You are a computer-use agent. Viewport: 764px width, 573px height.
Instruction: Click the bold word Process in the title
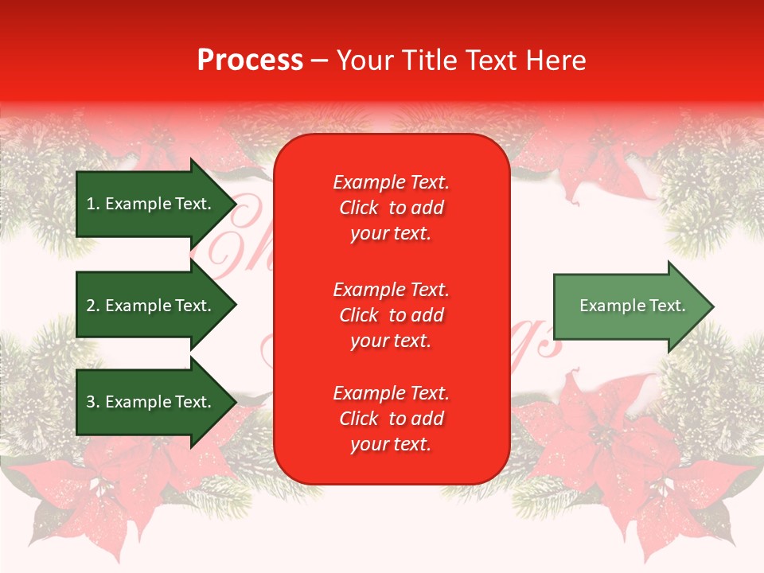click(x=250, y=60)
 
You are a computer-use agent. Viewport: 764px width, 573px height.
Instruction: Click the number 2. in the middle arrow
click(x=93, y=306)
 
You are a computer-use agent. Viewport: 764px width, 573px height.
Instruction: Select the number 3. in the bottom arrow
click(x=93, y=402)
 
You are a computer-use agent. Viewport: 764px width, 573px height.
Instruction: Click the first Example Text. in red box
click(x=391, y=182)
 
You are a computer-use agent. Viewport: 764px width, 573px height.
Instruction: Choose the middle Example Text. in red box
click(x=391, y=289)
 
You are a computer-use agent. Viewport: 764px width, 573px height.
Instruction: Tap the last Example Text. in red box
click(x=391, y=393)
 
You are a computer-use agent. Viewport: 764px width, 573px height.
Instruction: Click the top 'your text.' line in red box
click(x=391, y=233)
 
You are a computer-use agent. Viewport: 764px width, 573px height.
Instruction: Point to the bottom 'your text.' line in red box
click(x=391, y=444)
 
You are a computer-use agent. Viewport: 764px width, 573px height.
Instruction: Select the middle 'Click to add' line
click(x=391, y=315)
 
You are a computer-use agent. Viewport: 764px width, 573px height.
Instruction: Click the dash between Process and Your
click(x=320, y=60)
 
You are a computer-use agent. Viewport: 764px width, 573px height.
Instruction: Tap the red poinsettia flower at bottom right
click(x=605, y=446)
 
